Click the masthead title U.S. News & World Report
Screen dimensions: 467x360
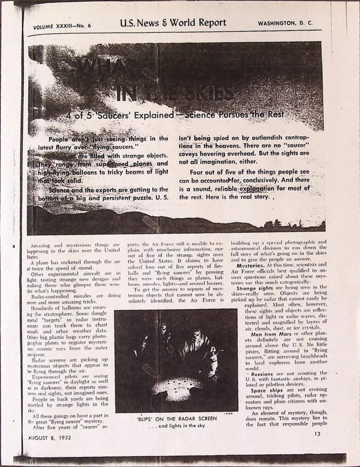pos(173,23)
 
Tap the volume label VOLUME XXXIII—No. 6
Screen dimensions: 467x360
pos(62,26)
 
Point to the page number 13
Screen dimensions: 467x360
pos(318,434)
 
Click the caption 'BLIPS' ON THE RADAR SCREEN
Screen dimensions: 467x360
pos(176,418)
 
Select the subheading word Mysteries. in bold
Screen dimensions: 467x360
pos(250,265)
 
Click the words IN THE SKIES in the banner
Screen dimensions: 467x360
pos(173,93)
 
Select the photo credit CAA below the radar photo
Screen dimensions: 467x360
pos(229,413)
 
